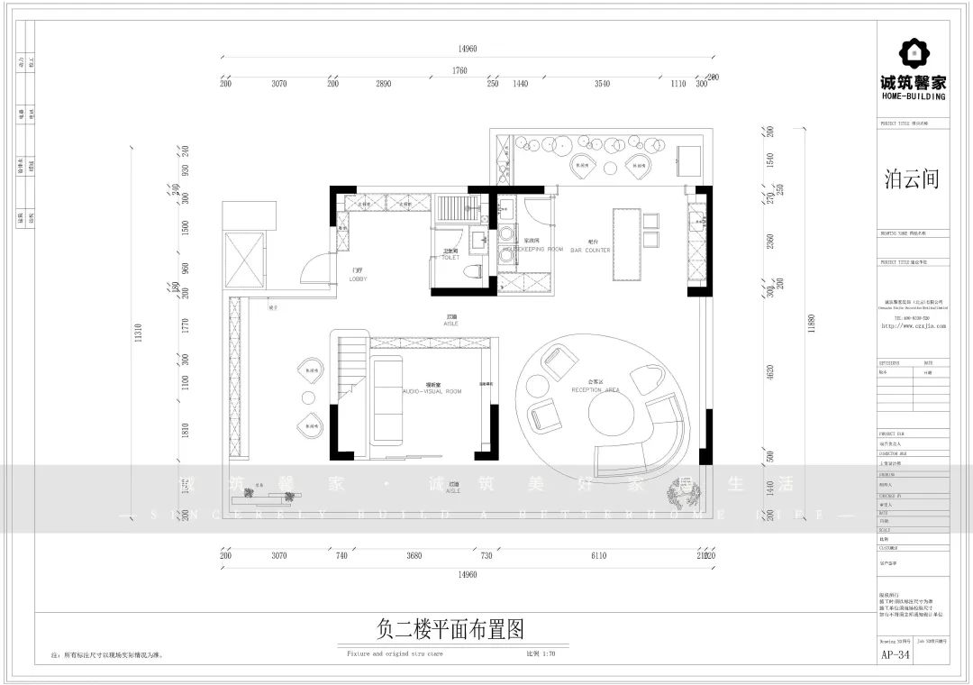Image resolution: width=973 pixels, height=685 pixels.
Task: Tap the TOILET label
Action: pyautogui.click(x=450, y=258)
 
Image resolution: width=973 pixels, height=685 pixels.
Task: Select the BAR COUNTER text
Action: pyautogui.click(x=590, y=250)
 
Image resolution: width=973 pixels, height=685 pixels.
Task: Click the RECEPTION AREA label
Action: pyautogui.click(x=595, y=389)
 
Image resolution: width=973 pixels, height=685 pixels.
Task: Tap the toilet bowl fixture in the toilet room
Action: pyautogui.click(x=471, y=273)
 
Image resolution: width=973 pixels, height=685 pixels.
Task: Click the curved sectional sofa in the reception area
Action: pyautogui.click(x=649, y=442)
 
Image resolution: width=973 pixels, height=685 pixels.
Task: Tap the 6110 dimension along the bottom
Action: pyautogui.click(x=598, y=556)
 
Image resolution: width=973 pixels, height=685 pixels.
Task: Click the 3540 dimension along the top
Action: pyautogui.click(x=602, y=83)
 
